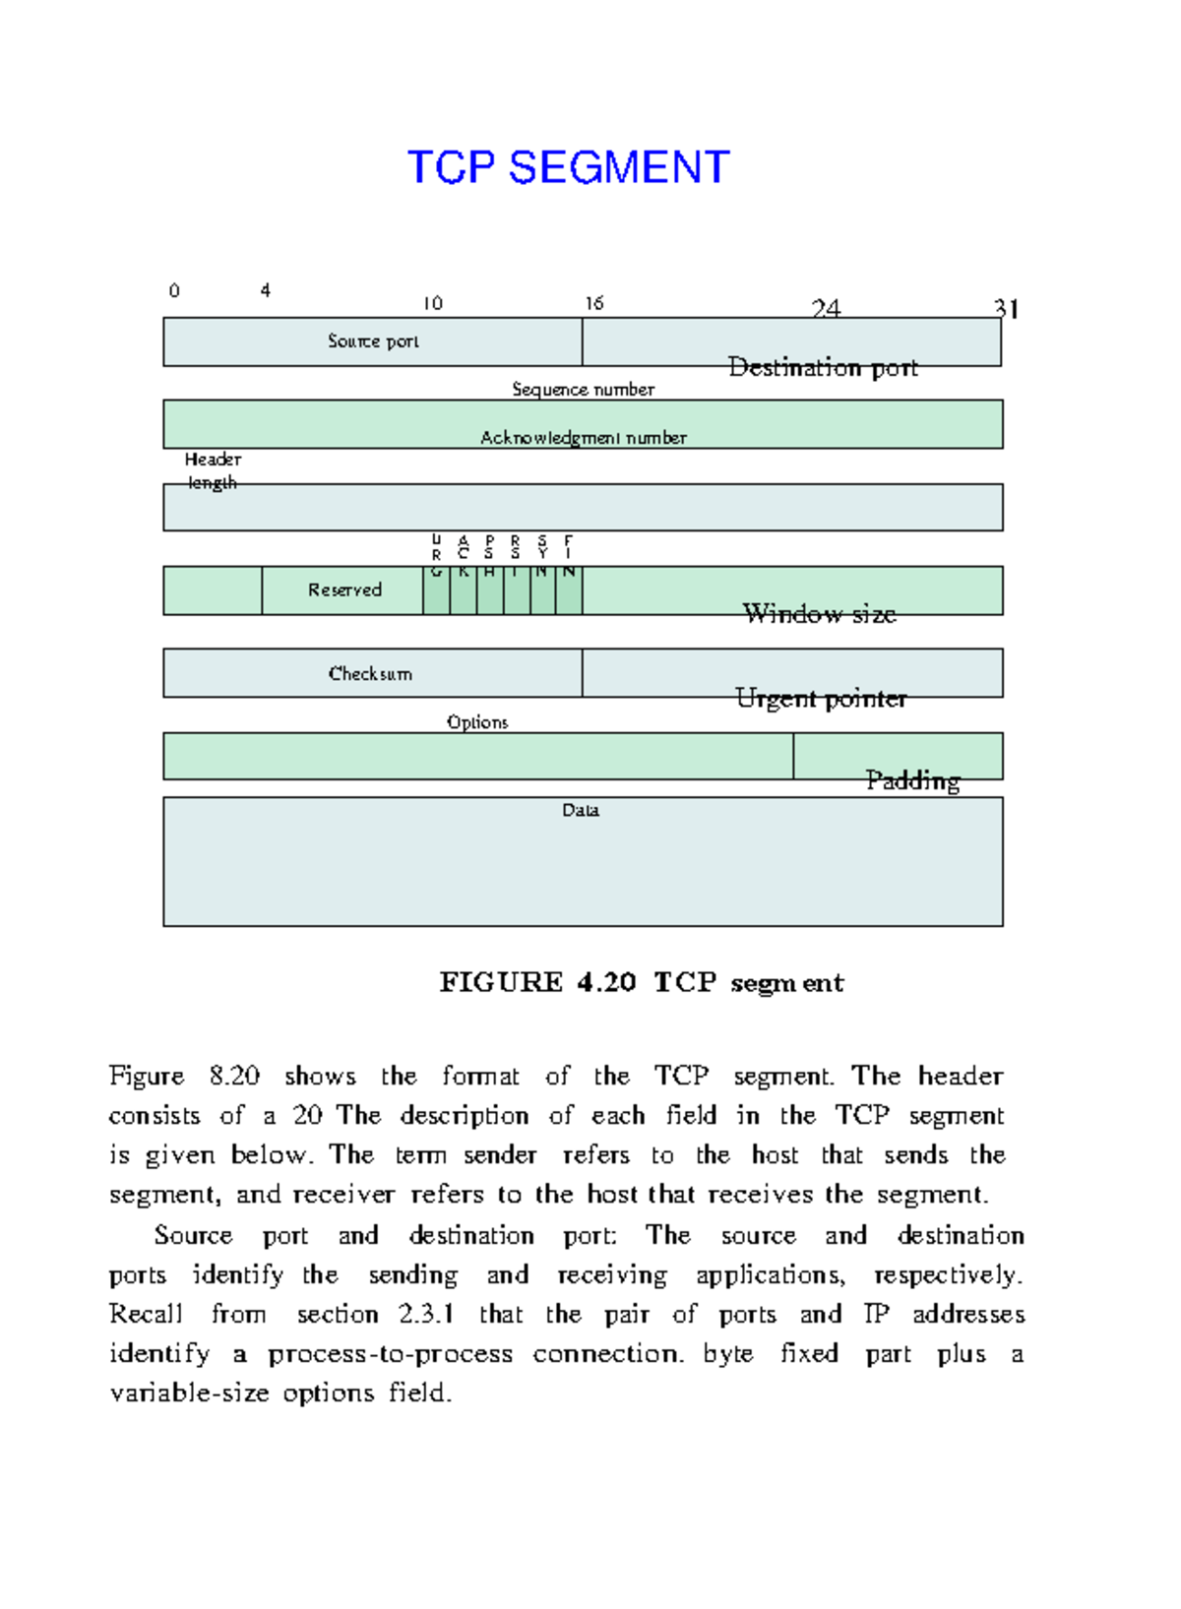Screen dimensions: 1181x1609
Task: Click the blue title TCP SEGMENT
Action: [x=569, y=167]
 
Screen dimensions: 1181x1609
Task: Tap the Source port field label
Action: [x=373, y=341]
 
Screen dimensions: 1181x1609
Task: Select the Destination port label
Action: [x=823, y=368]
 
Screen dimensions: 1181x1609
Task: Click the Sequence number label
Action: [x=583, y=390]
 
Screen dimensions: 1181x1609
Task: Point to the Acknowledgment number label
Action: [x=583, y=438]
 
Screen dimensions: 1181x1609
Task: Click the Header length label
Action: [x=213, y=471]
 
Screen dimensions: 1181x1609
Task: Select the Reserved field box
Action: [x=342, y=590]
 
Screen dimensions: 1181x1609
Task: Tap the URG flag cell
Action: [x=436, y=590]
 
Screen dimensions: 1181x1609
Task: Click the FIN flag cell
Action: [x=569, y=590]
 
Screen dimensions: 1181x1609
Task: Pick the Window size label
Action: [x=819, y=614]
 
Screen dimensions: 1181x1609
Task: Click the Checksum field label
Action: [x=370, y=674]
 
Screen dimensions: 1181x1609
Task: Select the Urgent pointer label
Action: [x=821, y=699]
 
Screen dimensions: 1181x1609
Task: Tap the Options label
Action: [x=477, y=722]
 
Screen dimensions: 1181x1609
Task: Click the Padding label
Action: [x=912, y=780]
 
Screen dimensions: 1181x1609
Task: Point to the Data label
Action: [x=581, y=810]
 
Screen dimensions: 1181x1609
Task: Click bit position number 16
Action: [x=593, y=303]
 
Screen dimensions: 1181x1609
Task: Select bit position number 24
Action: [x=826, y=309]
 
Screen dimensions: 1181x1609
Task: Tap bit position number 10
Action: [x=433, y=303]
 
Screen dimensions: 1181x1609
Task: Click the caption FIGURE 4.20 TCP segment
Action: [x=641, y=982]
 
